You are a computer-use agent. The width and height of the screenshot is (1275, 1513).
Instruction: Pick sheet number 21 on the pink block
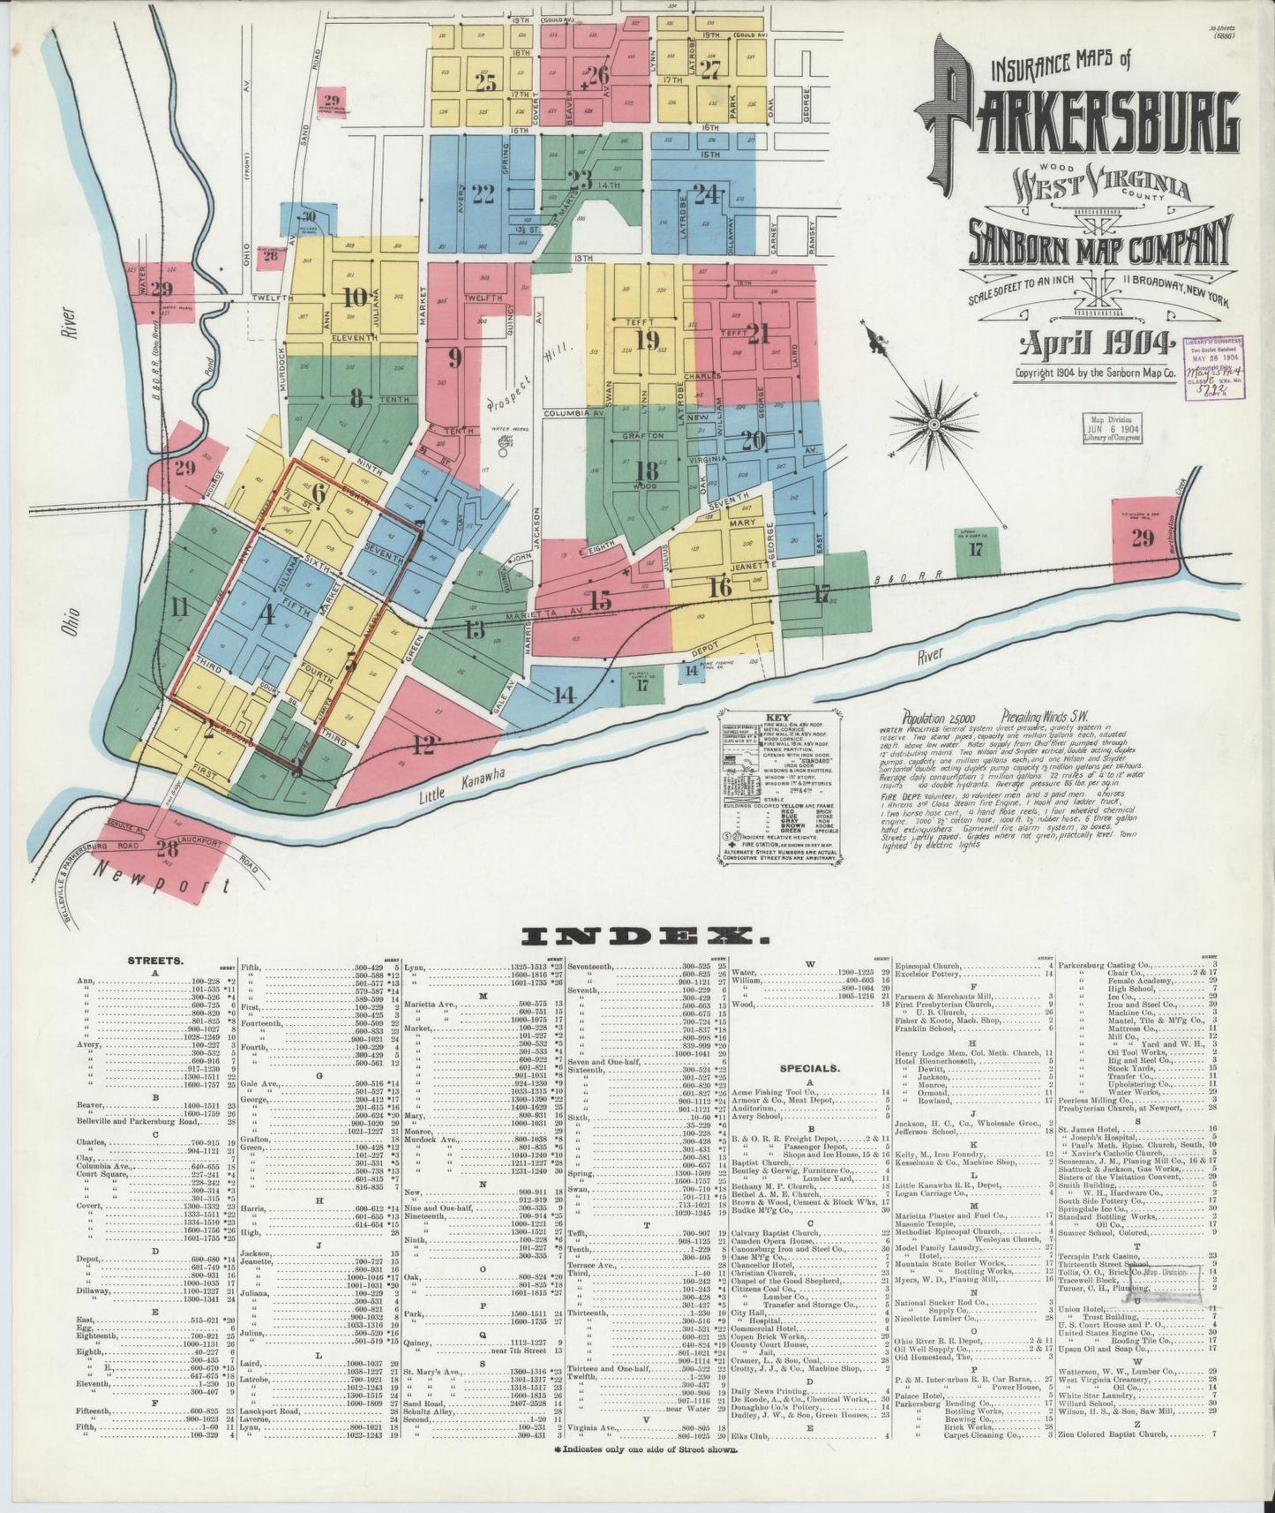[x=758, y=333]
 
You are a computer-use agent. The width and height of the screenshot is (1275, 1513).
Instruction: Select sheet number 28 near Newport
[x=166, y=849]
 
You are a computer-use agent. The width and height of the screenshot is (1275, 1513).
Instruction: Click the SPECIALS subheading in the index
[x=808, y=1067]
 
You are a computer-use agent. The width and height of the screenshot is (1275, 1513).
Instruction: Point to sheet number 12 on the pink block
[x=424, y=747]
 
